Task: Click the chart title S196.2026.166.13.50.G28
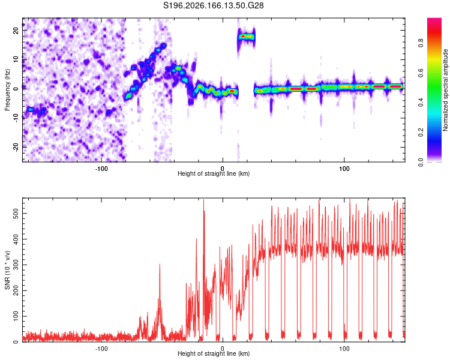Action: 213,5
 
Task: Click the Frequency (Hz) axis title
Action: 7,89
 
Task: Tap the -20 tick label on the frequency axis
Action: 16,147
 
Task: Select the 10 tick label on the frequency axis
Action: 16,59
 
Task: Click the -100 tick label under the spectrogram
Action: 101,169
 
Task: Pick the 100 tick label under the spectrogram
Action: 344,169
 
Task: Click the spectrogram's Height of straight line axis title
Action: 214,173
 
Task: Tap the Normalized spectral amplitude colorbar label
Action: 445,89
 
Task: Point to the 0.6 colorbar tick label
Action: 421,73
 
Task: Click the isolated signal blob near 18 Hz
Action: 246,37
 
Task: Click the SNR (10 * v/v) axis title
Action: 7,270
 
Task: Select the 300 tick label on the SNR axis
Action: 16,265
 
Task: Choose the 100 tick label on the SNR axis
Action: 16,316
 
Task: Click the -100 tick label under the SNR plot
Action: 101,349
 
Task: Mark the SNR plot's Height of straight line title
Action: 214,353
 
